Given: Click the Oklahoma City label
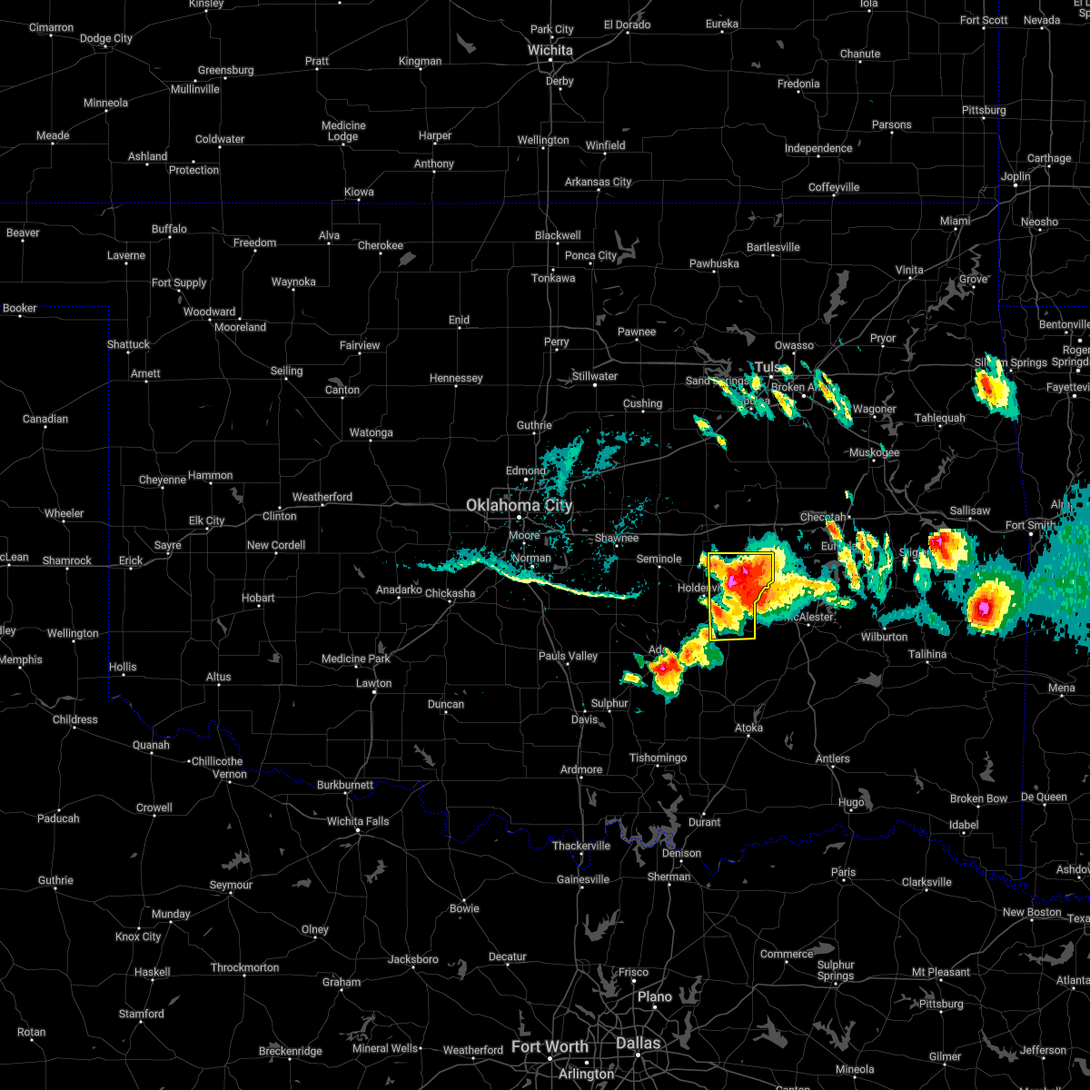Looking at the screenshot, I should (519, 505).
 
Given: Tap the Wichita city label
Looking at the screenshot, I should (550, 50).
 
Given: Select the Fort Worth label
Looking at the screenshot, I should (549, 1046).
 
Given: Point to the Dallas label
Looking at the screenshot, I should (639, 1043).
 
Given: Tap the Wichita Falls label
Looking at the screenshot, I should (358, 821).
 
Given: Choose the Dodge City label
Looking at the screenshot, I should (106, 38).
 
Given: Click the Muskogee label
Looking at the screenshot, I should (874, 452).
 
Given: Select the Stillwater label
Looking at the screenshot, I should (595, 376).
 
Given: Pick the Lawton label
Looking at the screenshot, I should (373, 683).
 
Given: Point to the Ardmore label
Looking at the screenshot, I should (581, 769).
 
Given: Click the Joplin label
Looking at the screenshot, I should (1016, 176).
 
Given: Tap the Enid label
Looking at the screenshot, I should (459, 320).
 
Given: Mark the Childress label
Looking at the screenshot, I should (75, 719).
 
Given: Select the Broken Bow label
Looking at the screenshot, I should (978, 798).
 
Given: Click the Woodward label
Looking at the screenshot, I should (210, 312).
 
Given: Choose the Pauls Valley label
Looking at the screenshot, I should (568, 656).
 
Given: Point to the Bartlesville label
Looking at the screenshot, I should (773, 247).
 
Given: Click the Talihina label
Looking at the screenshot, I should (926, 654).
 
